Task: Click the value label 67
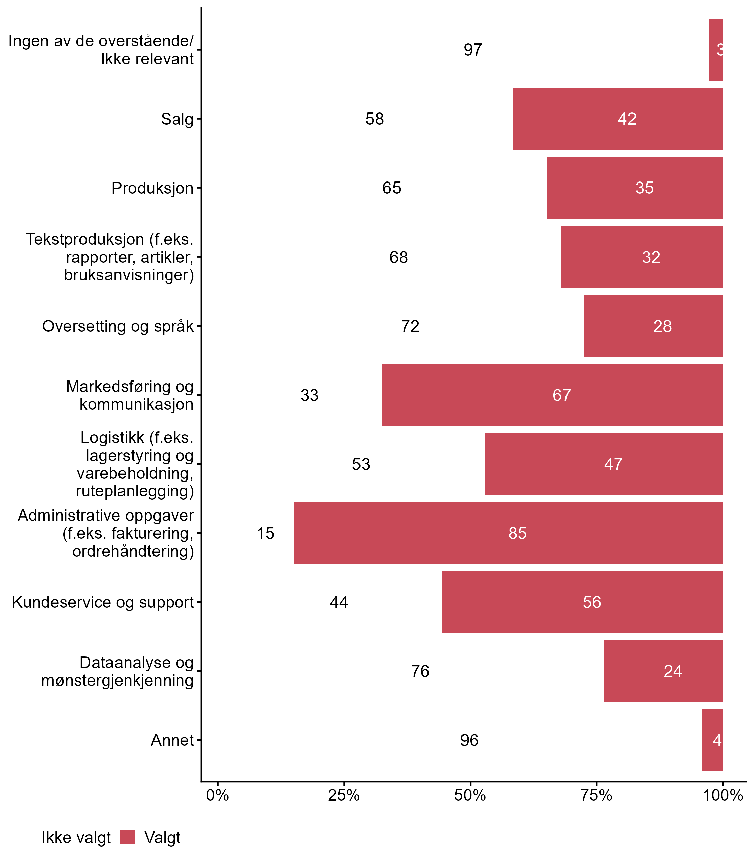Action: pos(561,395)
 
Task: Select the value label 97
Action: pos(473,50)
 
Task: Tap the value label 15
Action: pos(266,533)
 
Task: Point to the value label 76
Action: pos(420,671)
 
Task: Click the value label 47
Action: pos(613,464)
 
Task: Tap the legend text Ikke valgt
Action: pos(76,838)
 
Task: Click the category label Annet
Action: pos(172,740)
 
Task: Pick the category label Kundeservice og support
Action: pos(103,602)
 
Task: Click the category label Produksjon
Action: pos(152,188)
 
